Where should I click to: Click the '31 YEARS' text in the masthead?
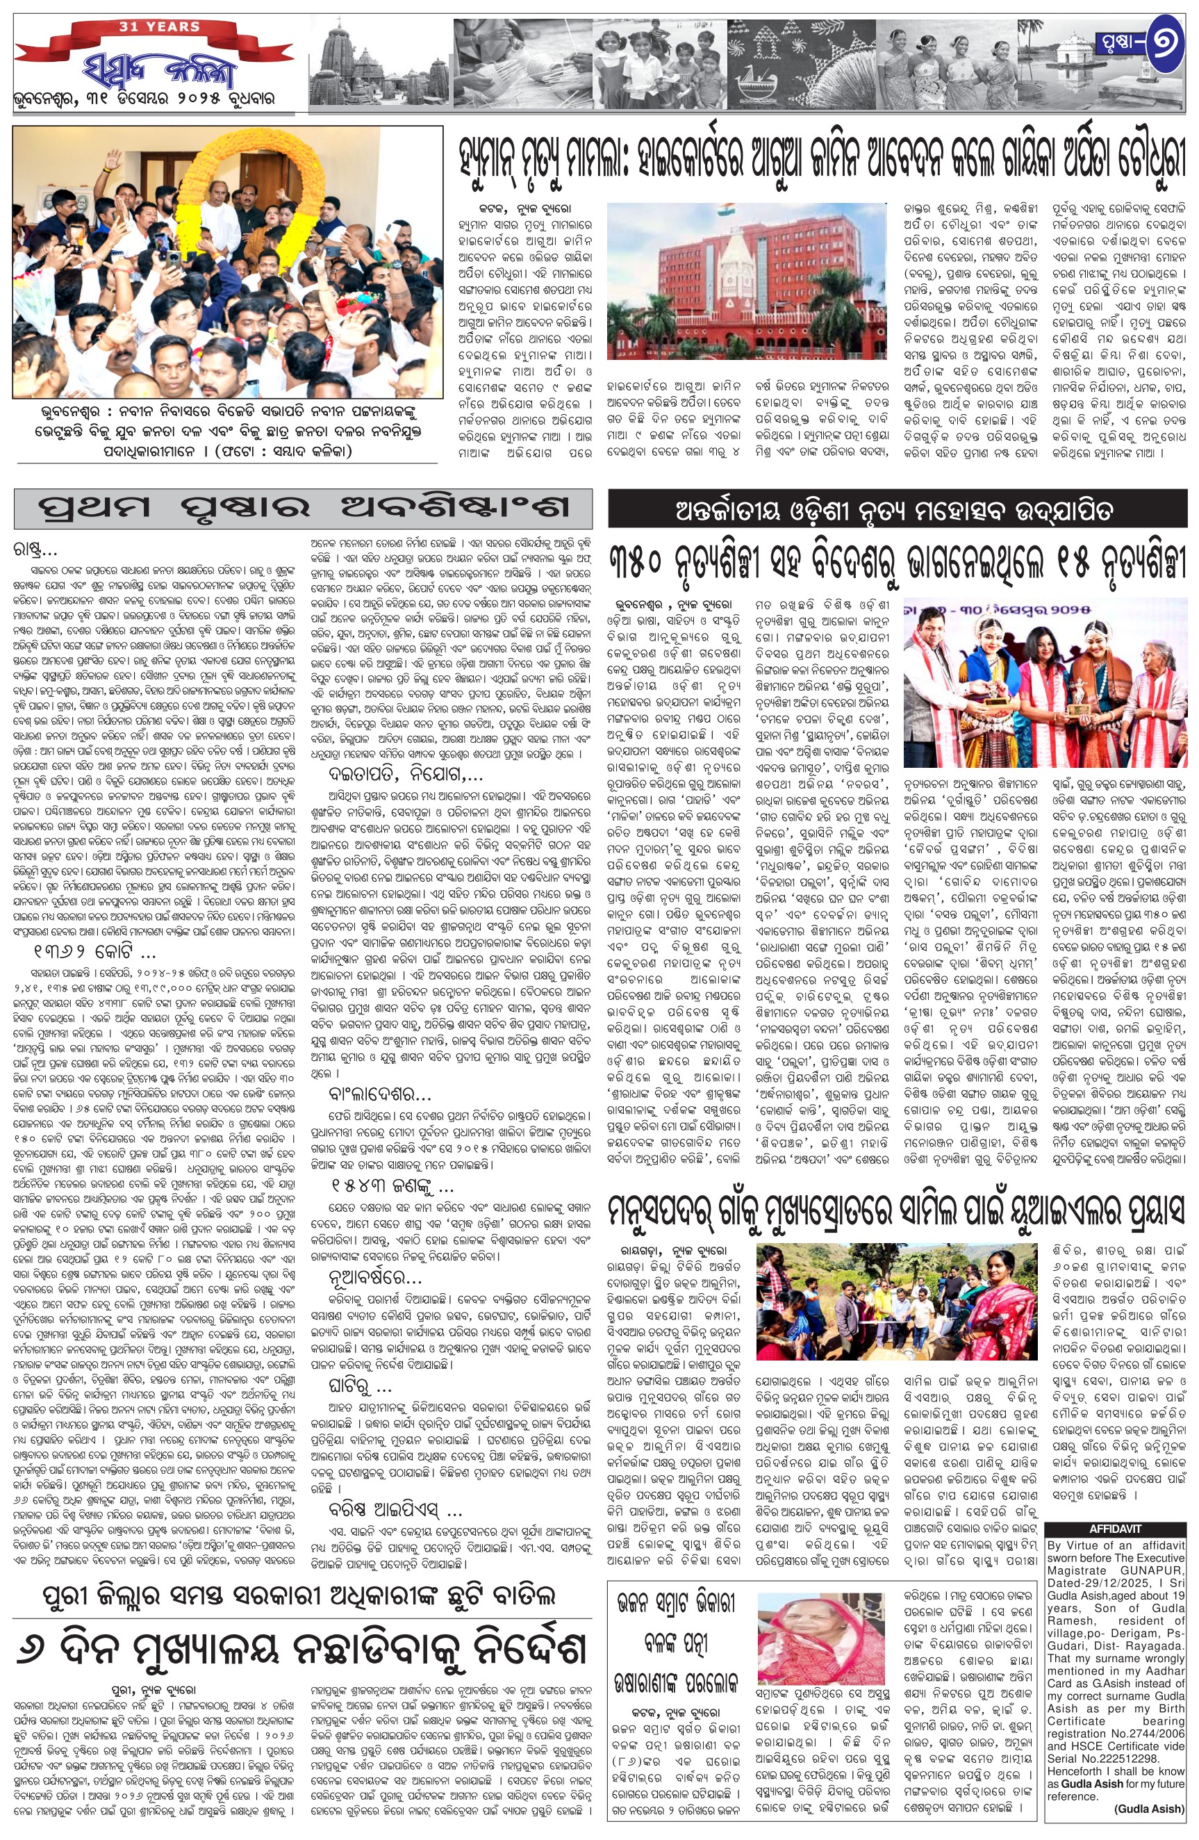[x=149, y=27]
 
